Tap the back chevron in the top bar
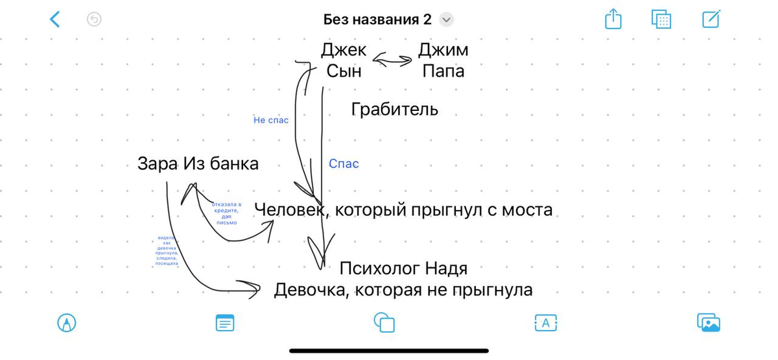click(55, 19)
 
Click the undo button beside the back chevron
click(94, 19)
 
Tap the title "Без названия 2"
click(377, 19)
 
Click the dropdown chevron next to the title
click(446, 19)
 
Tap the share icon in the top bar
click(613, 19)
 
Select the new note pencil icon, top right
click(711, 19)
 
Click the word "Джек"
click(344, 49)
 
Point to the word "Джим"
click(443, 49)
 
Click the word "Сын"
click(344, 71)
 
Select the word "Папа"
click(443, 71)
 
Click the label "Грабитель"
click(394, 109)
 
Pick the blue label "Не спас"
click(271, 120)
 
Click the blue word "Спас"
click(344, 164)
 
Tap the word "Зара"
click(158, 164)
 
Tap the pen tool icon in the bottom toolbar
click(67, 322)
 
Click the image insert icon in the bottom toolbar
click(709, 322)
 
